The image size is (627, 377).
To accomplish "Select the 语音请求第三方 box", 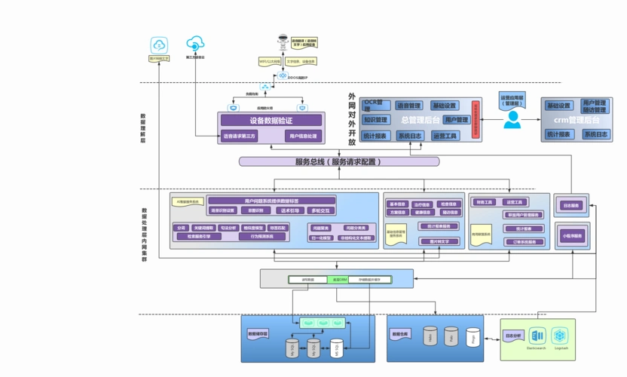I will click(x=240, y=136).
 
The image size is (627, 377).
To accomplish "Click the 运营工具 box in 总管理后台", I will click(x=445, y=136).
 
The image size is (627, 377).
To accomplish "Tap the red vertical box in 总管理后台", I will click(x=476, y=120).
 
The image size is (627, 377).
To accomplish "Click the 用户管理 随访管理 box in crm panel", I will click(x=595, y=106).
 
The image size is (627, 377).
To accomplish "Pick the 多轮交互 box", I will click(x=318, y=210).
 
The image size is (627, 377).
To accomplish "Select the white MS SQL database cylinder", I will click(x=336, y=348).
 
